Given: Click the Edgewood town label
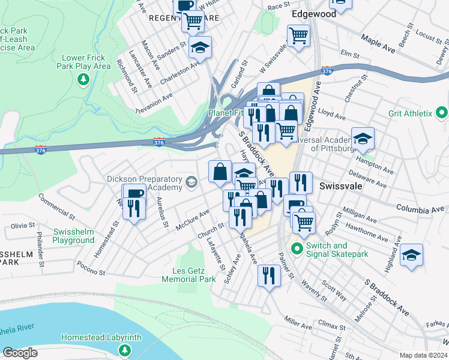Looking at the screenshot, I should click(313, 13).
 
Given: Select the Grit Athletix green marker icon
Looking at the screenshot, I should click(442, 112).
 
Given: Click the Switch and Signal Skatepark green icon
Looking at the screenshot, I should click(296, 247).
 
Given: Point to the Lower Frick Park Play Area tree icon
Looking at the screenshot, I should click(83, 79).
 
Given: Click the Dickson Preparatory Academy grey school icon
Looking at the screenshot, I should click(191, 182).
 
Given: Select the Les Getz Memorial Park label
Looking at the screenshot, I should click(189, 275).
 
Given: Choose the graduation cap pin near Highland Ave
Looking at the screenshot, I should click(411, 255).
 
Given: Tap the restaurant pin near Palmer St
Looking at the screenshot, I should click(268, 275).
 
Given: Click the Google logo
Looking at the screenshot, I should click(20, 353).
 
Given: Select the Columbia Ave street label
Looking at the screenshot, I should click(421, 209).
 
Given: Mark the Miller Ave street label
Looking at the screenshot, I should click(298, 323).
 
